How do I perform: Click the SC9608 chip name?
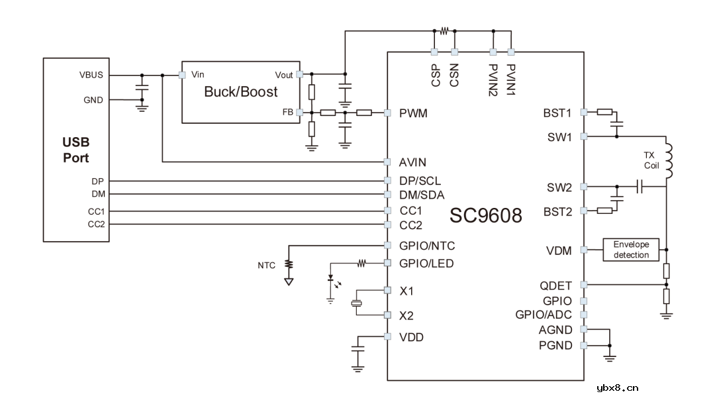[x=486, y=215]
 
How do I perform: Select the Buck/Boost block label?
[x=241, y=91]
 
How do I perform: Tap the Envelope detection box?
[x=631, y=250]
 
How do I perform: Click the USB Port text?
[x=75, y=150]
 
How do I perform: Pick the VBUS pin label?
[x=91, y=75]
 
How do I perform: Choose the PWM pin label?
[x=413, y=113]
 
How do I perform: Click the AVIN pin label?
[x=412, y=162]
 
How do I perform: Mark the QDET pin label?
[x=556, y=285]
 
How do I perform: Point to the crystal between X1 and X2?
[x=357, y=303]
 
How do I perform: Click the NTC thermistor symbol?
[x=289, y=266]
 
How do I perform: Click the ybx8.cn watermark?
[x=617, y=388]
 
